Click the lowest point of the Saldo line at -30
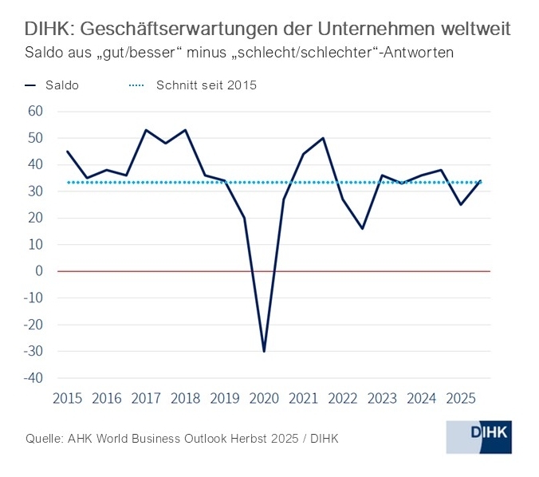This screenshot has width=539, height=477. point(264,351)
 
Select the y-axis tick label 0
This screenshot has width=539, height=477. point(38,271)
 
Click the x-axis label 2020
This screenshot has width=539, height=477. point(263,398)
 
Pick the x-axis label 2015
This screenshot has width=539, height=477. point(67,398)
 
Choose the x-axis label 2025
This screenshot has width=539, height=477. point(460,398)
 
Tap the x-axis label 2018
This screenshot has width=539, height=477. point(185,398)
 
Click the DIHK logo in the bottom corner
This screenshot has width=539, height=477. point(478,437)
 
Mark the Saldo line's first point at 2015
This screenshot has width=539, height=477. point(67,152)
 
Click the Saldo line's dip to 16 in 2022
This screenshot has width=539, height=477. point(362,229)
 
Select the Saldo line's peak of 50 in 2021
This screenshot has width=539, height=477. point(323,138)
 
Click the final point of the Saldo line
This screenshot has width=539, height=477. point(480,180)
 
